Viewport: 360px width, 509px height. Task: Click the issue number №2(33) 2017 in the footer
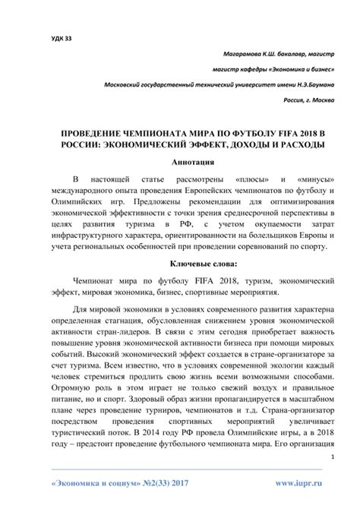[169, 481]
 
